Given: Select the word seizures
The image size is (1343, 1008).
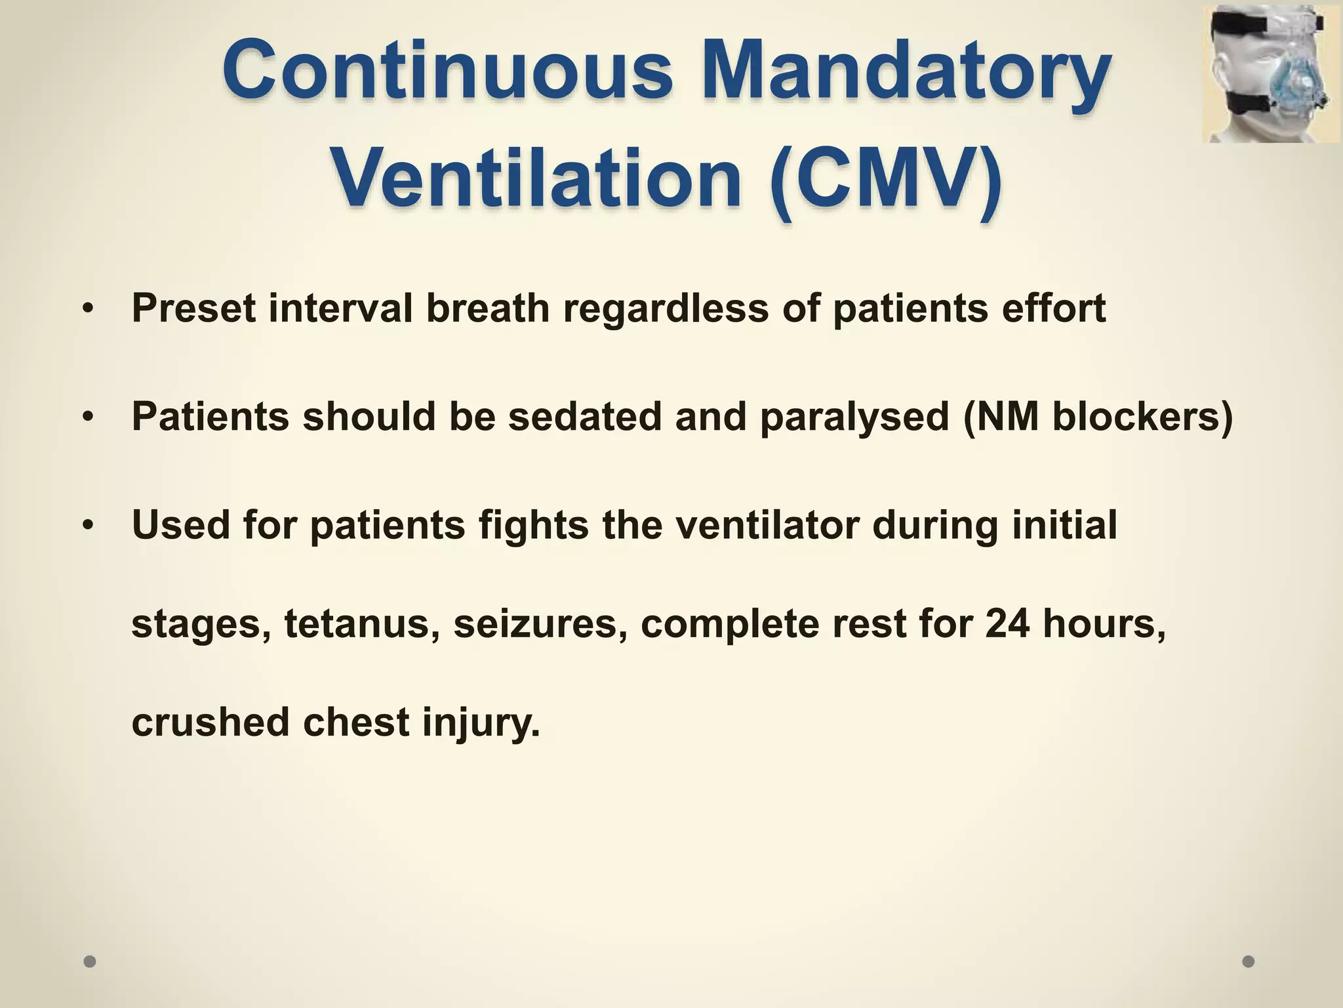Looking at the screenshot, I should coord(540,623).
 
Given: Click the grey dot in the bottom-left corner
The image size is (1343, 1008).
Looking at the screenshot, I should coord(90,961).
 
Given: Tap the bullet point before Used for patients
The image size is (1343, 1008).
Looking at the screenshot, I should coord(89,526).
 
